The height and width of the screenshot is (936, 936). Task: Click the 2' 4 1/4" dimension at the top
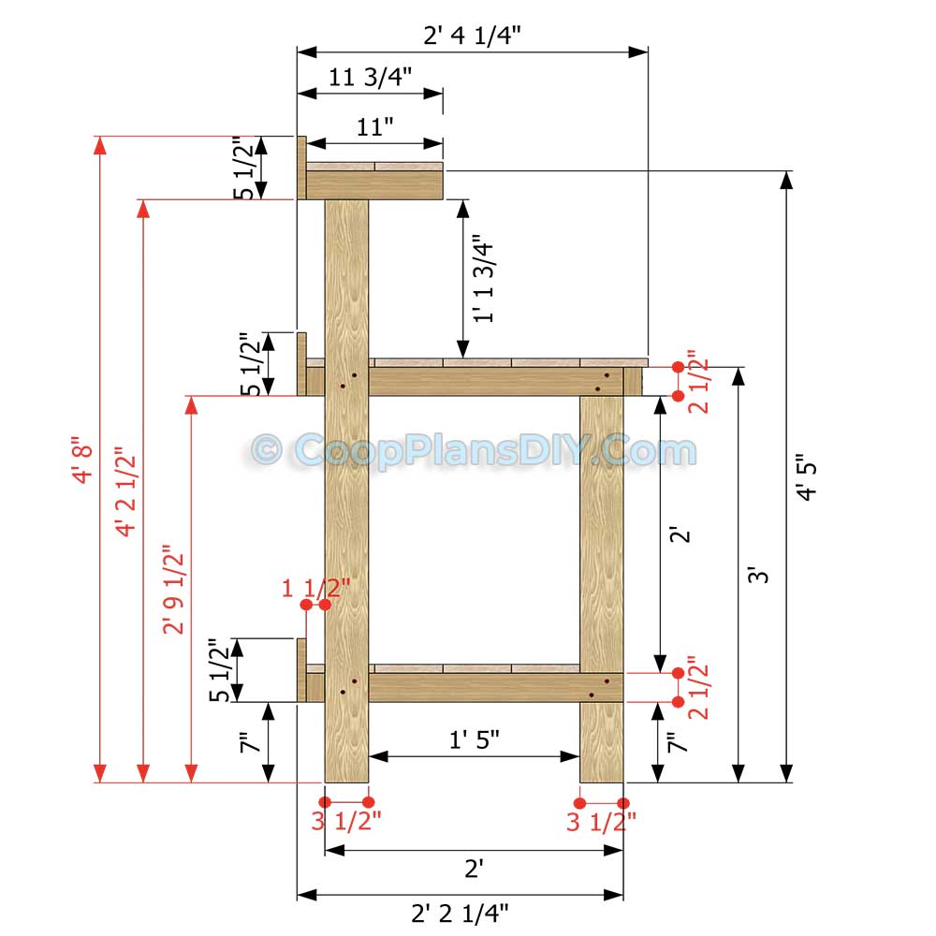tap(472, 36)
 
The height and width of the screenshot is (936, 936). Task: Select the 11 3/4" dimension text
tap(370, 77)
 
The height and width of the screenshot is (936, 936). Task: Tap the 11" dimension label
tap(375, 127)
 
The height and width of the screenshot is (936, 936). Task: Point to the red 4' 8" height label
tap(83, 463)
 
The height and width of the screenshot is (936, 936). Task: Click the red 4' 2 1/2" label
tap(126, 492)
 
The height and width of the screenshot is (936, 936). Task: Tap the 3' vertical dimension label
tap(758, 575)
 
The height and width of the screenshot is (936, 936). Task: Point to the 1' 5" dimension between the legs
tap(474, 739)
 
